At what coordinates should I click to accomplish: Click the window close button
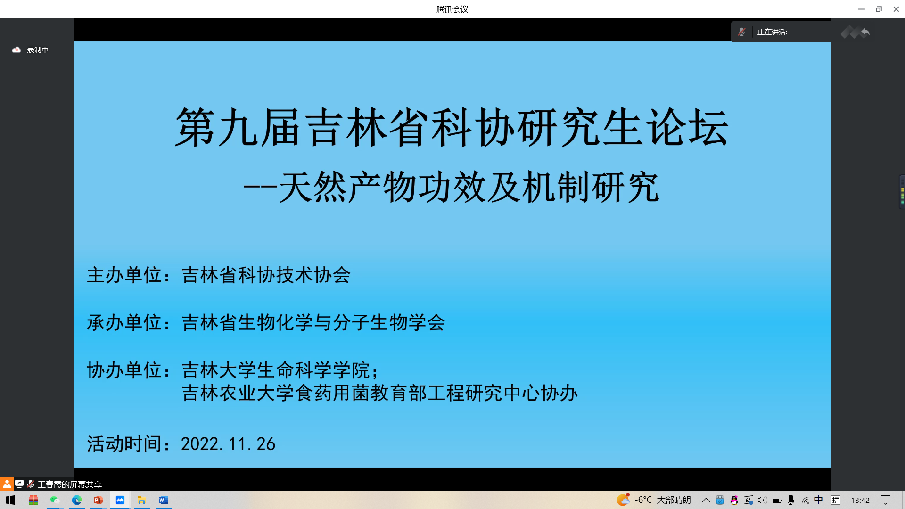[x=896, y=9]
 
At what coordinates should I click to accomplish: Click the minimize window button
[x=861, y=9]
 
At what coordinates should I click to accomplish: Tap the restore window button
[x=879, y=9]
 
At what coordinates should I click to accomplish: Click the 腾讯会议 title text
[x=452, y=9]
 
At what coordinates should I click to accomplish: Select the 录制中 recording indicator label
[x=38, y=50]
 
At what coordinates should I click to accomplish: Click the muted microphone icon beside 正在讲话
[x=742, y=32]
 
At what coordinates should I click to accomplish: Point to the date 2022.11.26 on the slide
[x=228, y=444]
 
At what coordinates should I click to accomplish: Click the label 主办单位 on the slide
[x=124, y=275]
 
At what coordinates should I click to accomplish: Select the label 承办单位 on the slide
[x=124, y=323]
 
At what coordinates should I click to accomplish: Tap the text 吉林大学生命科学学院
[x=276, y=370]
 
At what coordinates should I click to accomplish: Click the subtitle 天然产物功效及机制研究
[x=469, y=187]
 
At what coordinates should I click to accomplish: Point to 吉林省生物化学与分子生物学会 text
[x=313, y=323]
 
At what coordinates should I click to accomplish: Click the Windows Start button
[x=10, y=500]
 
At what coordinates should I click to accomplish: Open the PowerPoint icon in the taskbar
[x=98, y=500]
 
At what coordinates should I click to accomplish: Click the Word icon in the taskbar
[x=164, y=500]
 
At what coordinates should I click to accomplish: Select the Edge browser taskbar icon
[x=76, y=500]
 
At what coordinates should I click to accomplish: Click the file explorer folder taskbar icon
[x=141, y=500]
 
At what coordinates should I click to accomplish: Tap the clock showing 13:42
[x=860, y=500]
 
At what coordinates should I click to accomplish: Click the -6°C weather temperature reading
[x=643, y=500]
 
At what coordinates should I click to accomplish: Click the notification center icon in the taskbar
[x=886, y=500]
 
